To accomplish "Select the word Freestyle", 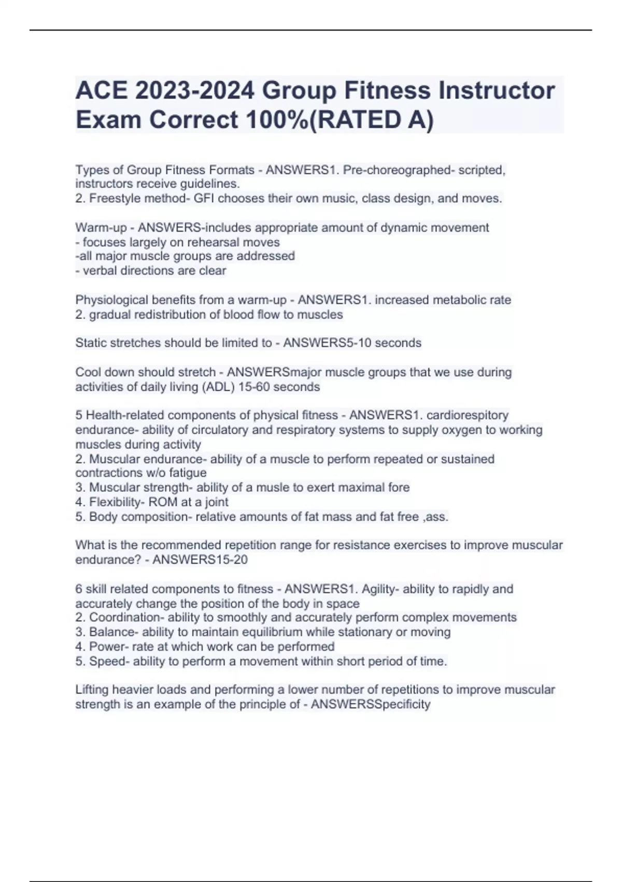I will [x=114, y=198].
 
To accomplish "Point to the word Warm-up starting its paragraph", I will [x=101, y=227].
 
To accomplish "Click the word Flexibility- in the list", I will [x=117, y=502].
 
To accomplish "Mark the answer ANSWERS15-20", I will [x=200, y=559].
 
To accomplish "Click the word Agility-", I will [x=380, y=589].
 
